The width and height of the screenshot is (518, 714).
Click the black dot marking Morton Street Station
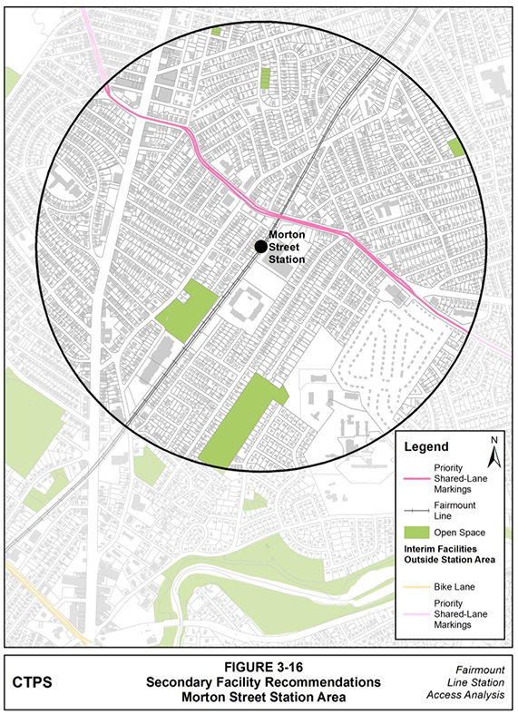click(260, 246)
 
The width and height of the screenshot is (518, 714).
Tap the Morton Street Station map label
click(287, 246)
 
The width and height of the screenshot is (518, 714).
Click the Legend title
click(425, 447)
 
